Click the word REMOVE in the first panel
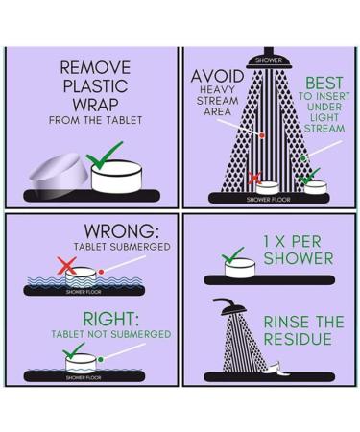[95, 67]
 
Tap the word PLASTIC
[95, 85]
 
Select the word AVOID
[217, 77]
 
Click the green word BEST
[324, 84]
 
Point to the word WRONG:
[122, 230]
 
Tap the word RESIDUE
[298, 339]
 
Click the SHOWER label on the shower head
[269, 60]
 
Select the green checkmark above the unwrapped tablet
[104, 156]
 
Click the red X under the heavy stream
[255, 179]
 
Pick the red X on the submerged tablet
[67, 266]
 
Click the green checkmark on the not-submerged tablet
[74, 350]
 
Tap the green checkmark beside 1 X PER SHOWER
[232, 254]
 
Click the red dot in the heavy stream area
[262, 135]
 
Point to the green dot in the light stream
[302, 158]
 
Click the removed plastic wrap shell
[60, 176]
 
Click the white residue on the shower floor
[276, 369]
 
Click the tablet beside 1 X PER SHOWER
[240, 268]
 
